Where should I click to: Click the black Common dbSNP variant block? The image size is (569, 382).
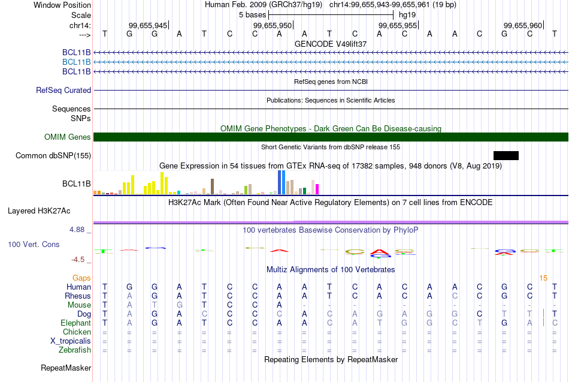[x=506, y=156]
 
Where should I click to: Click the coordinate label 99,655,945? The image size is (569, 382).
[x=148, y=25]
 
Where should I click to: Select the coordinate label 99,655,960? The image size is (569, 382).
[x=523, y=25]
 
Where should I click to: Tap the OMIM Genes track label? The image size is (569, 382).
[x=68, y=137]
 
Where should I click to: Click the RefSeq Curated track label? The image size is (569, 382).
[x=63, y=91]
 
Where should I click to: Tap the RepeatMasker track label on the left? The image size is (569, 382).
[x=66, y=368]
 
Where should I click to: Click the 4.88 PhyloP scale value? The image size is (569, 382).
[x=80, y=230]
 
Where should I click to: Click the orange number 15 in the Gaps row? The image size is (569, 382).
[x=543, y=278]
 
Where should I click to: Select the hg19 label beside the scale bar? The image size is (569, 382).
[x=407, y=14]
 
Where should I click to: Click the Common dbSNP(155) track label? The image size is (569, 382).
[x=53, y=156]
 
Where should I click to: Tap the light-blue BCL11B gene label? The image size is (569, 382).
[x=77, y=62]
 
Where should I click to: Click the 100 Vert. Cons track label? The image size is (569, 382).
[x=34, y=245]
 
